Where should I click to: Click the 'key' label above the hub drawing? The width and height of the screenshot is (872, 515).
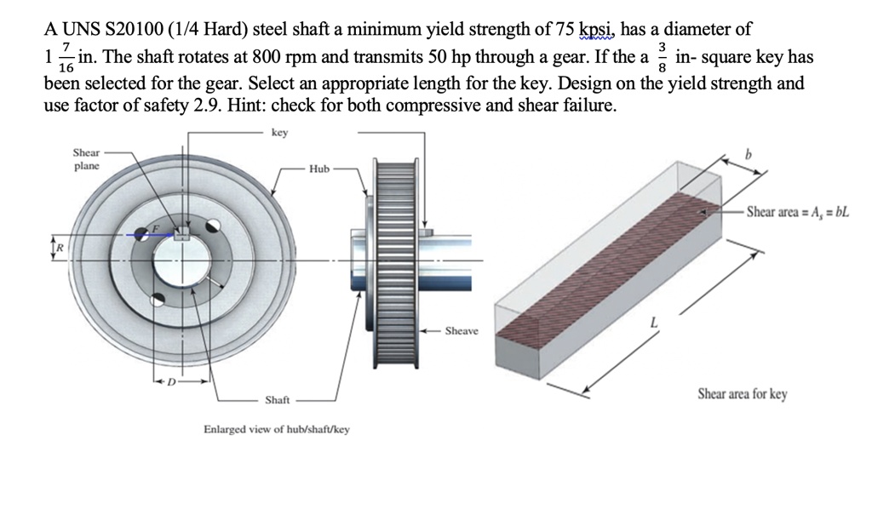[x=279, y=133]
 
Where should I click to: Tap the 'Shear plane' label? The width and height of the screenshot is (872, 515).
[x=86, y=159]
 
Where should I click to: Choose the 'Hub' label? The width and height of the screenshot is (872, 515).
[x=319, y=169]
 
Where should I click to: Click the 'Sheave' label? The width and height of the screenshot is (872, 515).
[x=461, y=330]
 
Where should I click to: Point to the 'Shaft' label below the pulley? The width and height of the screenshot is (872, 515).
[x=278, y=399]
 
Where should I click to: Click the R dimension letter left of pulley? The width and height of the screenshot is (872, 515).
[x=59, y=247]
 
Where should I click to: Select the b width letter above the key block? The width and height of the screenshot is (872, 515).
[x=749, y=155]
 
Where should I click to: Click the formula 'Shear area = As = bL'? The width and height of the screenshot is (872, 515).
[x=798, y=212]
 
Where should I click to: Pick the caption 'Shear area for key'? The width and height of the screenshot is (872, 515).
[x=742, y=394]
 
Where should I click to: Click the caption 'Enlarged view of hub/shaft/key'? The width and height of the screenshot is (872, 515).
[x=276, y=429]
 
